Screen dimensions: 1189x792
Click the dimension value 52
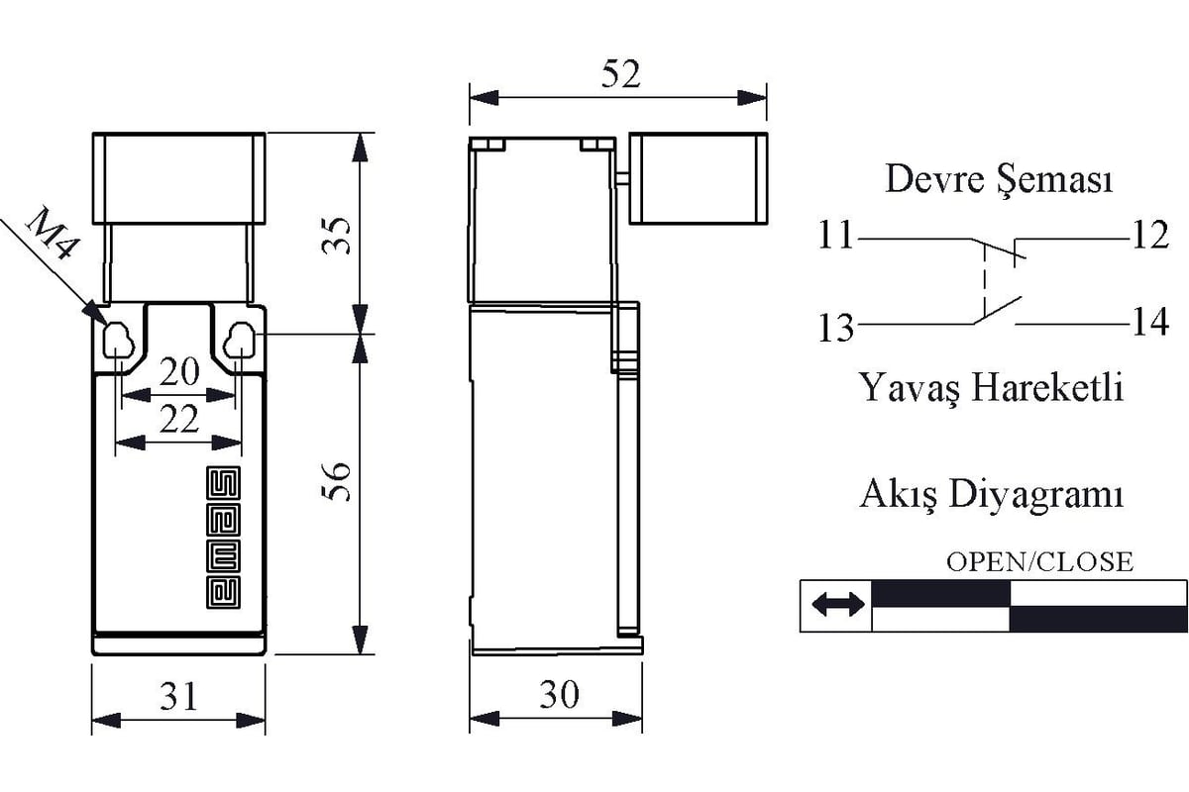(621, 74)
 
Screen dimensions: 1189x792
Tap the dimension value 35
(337, 236)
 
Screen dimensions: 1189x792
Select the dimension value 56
(337, 482)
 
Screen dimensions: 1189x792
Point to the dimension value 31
(179, 696)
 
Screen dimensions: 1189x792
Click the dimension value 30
(559, 694)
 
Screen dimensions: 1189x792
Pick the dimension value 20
(179, 372)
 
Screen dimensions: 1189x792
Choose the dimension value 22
(179, 419)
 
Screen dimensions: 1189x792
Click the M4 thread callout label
(52, 235)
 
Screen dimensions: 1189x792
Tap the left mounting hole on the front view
(118, 340)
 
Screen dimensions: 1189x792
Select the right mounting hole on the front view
(240, 340)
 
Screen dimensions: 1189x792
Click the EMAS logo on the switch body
(223, 537)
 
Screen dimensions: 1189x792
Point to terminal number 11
(835, 235)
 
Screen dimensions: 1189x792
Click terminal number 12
(1150, 235)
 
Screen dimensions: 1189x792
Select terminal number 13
(836, 328)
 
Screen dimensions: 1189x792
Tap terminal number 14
(1150, 322)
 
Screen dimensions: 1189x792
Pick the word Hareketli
(1047, 387)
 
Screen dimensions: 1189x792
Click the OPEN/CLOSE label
(1039, 562)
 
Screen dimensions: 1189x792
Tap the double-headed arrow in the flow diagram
(838, 605)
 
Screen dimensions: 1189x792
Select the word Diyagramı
(1036, 495)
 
